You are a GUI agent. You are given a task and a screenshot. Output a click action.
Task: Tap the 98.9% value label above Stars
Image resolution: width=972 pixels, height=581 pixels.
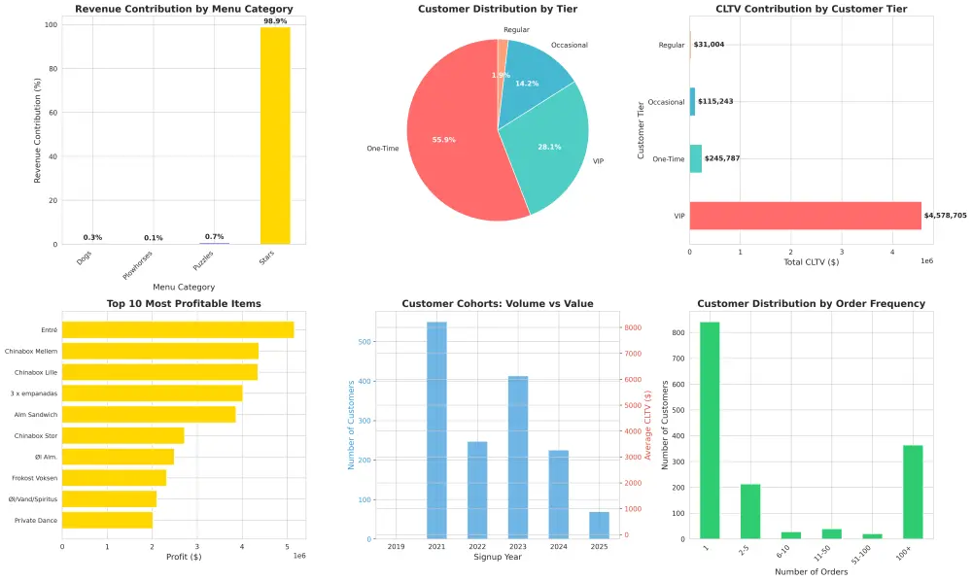[275, 20]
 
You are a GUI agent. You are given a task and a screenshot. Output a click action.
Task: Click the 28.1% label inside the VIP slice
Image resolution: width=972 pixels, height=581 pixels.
[549, 148]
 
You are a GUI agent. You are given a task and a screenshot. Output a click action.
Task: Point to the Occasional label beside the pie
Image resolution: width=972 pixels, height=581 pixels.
[569, 45]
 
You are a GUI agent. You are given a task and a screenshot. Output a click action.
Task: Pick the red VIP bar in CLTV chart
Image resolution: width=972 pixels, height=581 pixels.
[805, 216]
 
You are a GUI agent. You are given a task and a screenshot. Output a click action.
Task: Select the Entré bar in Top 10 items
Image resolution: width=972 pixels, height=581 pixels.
[178, 330]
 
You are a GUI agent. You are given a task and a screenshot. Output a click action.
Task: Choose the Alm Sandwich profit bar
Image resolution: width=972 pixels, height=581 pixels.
[149, 414]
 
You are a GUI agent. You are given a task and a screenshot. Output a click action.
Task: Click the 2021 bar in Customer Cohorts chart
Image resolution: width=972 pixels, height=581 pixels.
[436, 430]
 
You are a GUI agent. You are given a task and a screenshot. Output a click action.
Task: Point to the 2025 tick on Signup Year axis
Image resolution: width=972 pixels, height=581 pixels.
[599, 548]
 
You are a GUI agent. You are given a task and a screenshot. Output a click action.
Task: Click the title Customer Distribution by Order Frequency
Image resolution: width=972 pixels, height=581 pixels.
[811, 304]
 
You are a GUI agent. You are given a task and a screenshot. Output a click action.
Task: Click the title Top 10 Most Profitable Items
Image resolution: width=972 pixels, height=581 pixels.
[184, 304]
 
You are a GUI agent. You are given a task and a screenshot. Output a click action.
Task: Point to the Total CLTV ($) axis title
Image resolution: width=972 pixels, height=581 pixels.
[811, 262]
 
